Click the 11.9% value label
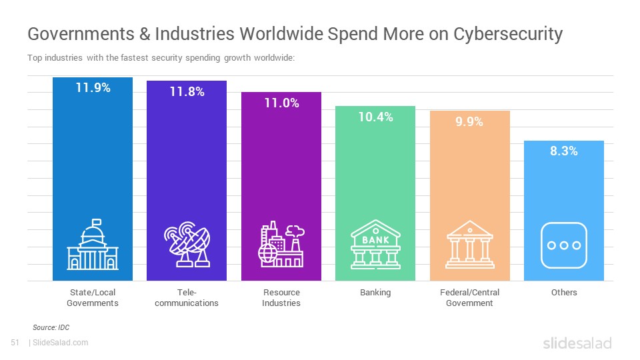pyautogui.click(x=93, y=88)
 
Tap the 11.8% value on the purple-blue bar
pyautogui.click(x=187, y=92)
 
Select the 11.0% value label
pyautogui.click(x=281, y=103)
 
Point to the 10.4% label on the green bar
pyautogui.click(x=375, y=117)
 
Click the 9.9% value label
pyautogui.click(x=469, y=121)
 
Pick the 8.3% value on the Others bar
pyautogui.click(x=564, y=151)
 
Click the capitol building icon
pyautogui.click(x=93, y=245)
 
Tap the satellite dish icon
pyautogui.click(x=187, y=245)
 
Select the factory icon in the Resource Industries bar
pyautogui.click(x=281, y=245)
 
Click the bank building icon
pyautogui.click(x=375, y=245)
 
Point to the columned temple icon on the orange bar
pyautogui.click(x=470, y=245)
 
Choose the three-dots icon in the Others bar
pyautogui.click(x=564, y=245)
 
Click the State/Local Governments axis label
pyautogui.click(x=93, y=297)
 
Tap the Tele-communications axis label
pyautogui.click(x=187, y=297)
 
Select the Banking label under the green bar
pyautogui.click(x=375, y=293)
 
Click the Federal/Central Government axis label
pyautogui.click(x=470, y=297)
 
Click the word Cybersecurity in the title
pyautogui.click(x=508, y=34)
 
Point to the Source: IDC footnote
pyautogui.click(x=51, y=327)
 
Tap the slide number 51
pyautogui.click(x=15, y=343)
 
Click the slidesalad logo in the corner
pyautogui.click(x=577, y=343)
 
